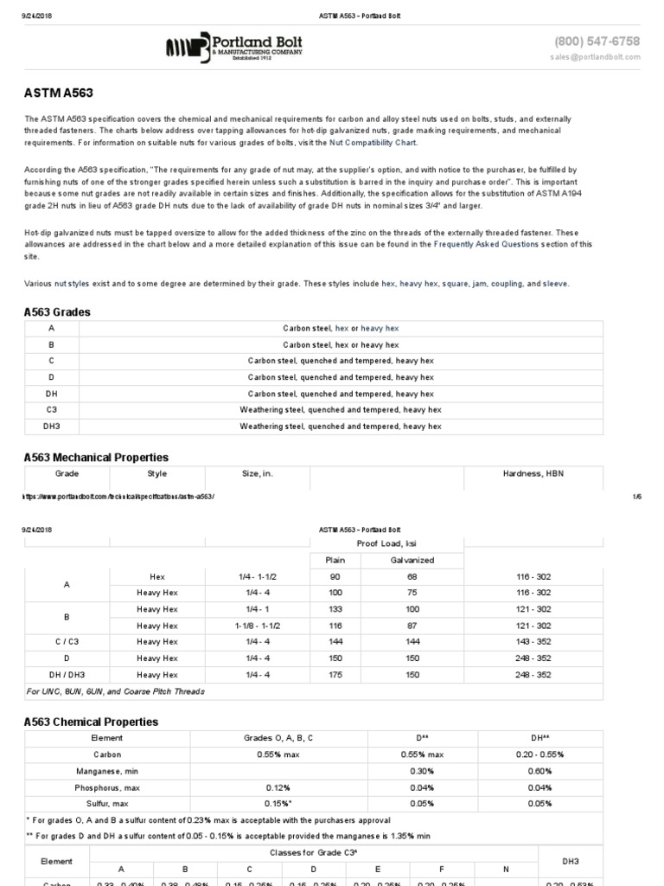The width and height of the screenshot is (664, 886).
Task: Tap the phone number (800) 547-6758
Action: point(597,41)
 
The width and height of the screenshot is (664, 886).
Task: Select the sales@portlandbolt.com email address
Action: point(595,57)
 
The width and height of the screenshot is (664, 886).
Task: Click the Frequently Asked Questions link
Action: point(486,245)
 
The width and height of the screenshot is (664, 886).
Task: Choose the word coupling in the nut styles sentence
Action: point(507,284)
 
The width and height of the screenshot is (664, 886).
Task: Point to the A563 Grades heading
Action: point(57,312)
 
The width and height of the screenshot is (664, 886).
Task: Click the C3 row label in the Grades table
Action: point(53,409)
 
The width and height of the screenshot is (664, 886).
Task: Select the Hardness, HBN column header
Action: point(533,473)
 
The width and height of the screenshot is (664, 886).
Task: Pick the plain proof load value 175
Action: point(335,674)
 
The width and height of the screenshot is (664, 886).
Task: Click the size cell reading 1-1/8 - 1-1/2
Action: point(257,625)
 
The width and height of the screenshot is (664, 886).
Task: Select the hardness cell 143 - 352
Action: point(533,641)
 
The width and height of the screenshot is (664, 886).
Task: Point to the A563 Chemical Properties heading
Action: point(91,722)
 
